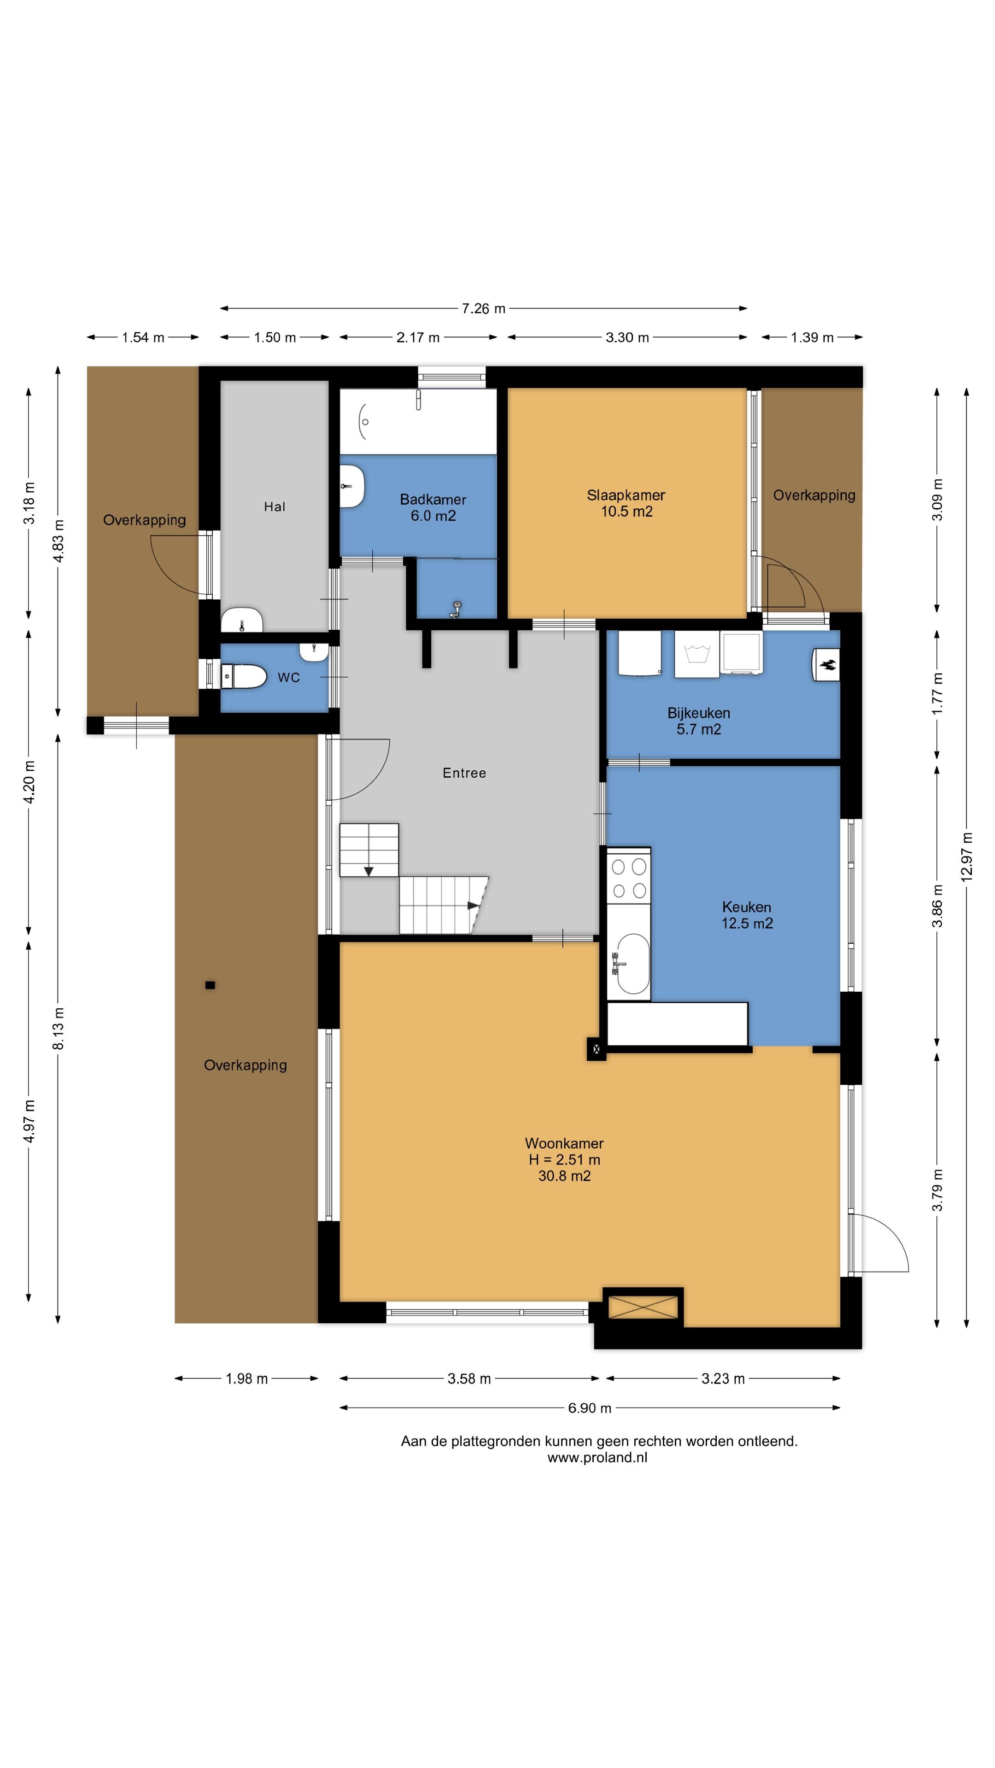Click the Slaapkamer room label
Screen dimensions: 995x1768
click(626, 495)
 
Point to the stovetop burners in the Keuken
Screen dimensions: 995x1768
click(629, 877)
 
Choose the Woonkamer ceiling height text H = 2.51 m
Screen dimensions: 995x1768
click(564, 1160)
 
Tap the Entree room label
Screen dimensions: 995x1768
click(464, 773)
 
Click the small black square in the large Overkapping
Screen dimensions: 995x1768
click(210, 985)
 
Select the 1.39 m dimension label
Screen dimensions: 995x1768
click(812, 337)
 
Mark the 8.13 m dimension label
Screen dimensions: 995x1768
click(59, 1028)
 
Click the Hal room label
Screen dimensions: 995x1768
click(275, 506)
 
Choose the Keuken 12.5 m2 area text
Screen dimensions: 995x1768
click(747, 924)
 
